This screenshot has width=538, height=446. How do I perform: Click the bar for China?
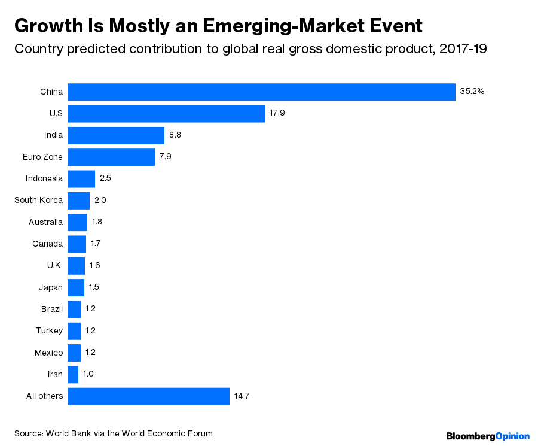point(261,92)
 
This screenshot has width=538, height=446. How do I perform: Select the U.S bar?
point(166,113)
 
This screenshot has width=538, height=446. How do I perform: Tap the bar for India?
point(115,135)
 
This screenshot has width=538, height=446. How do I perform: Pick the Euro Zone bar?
point(111,157)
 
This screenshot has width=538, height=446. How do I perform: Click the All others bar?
point(148,396)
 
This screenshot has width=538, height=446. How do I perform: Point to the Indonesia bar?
point(81,178)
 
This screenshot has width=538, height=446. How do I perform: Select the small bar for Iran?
point(72,374)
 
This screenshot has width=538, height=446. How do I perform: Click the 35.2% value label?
point(472,92)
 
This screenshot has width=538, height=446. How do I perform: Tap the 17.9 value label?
point(277,113)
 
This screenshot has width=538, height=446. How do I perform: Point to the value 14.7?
point(242,396)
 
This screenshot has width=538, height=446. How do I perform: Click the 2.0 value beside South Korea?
point(100,200)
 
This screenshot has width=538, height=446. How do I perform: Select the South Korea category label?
point(38,200)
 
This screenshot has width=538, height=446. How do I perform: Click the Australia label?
point(45,222)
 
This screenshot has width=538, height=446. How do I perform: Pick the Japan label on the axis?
point(50,287)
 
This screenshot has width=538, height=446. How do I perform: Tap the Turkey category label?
point(49,330)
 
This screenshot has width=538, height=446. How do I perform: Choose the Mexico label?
point(48,352)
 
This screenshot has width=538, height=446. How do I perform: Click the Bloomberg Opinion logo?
point(488,436)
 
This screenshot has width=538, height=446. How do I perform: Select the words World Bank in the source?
point(68,433)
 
